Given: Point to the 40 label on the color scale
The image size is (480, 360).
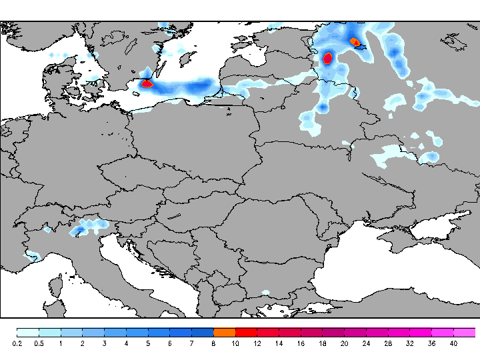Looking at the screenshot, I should [453, 343].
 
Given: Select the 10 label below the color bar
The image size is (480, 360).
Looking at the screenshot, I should [235, 343].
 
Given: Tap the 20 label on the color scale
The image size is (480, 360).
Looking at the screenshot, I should [344, 343].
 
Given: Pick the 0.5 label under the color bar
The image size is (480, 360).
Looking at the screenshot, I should [39, 343].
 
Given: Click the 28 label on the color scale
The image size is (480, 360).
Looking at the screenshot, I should [388, 343].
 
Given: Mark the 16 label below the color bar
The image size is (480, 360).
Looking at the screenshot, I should [301, 343].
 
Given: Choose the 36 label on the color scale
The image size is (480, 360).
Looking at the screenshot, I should [431, 343].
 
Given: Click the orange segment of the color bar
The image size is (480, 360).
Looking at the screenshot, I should [224, 332].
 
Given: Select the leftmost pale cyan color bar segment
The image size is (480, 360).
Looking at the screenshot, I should [27, 332].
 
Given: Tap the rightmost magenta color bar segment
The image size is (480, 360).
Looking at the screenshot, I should [464, 332].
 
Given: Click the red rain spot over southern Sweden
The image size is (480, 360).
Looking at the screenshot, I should [147, 84].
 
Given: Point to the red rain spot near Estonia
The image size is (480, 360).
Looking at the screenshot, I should [327, 58].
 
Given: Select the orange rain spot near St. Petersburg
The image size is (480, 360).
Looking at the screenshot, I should [355, 42].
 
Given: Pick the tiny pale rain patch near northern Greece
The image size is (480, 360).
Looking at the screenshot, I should [265, 292].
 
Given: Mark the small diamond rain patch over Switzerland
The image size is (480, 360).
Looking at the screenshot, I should [47, 229].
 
